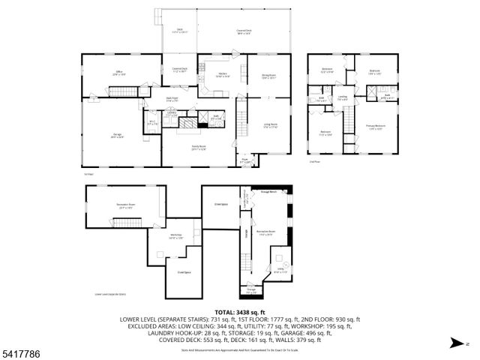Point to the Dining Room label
point(268,76)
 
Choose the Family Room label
point(199,148)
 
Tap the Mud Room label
point(172,98)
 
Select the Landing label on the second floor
point(342,97)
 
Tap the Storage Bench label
point(268,192)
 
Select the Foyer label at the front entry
point(244,160)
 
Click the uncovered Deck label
point(180,31)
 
